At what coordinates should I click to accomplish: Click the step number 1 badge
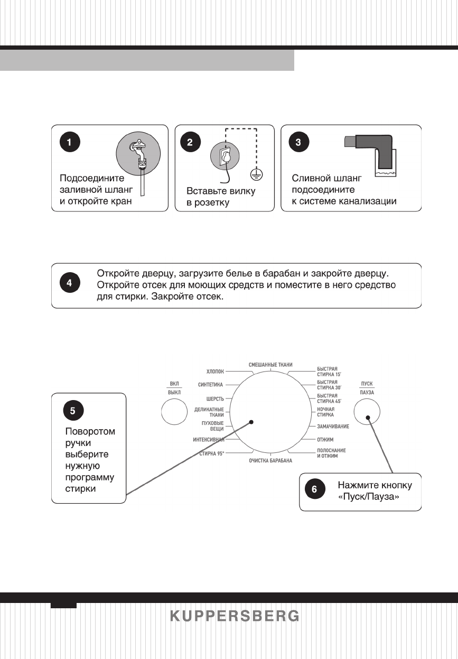tap(70, 142)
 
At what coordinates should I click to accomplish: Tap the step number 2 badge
tap(190, 142)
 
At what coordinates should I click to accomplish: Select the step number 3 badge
tap(298, 142)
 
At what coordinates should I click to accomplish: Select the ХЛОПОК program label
tap(215, 372)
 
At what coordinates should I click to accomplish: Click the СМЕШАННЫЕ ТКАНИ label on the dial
tap(270, 365)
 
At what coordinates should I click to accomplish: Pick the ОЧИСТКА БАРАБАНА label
tap(270, 461)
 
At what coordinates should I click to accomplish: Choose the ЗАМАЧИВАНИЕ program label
tap(332, 426)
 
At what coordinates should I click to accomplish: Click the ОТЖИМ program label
tap(325, 440)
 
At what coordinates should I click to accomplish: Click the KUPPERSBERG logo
tap(235, 616)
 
